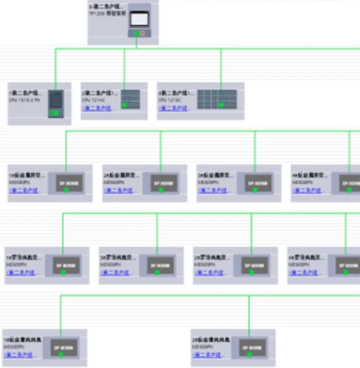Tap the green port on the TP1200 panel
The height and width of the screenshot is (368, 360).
136,33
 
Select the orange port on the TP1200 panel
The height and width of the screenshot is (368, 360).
142,33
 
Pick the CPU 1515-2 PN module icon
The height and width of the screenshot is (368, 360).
56,103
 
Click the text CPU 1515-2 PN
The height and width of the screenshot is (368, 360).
24,100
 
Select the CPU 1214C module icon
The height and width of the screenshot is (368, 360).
130,99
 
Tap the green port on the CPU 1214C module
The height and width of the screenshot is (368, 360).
124,105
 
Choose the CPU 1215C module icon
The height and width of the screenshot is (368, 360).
217,99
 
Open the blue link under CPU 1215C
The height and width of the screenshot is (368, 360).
175,108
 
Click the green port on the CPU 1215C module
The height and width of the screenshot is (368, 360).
221,105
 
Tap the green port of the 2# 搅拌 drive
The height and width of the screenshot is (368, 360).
160,190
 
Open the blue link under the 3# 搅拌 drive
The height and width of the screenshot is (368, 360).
213,191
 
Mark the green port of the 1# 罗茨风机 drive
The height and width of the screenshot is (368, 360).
63,272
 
